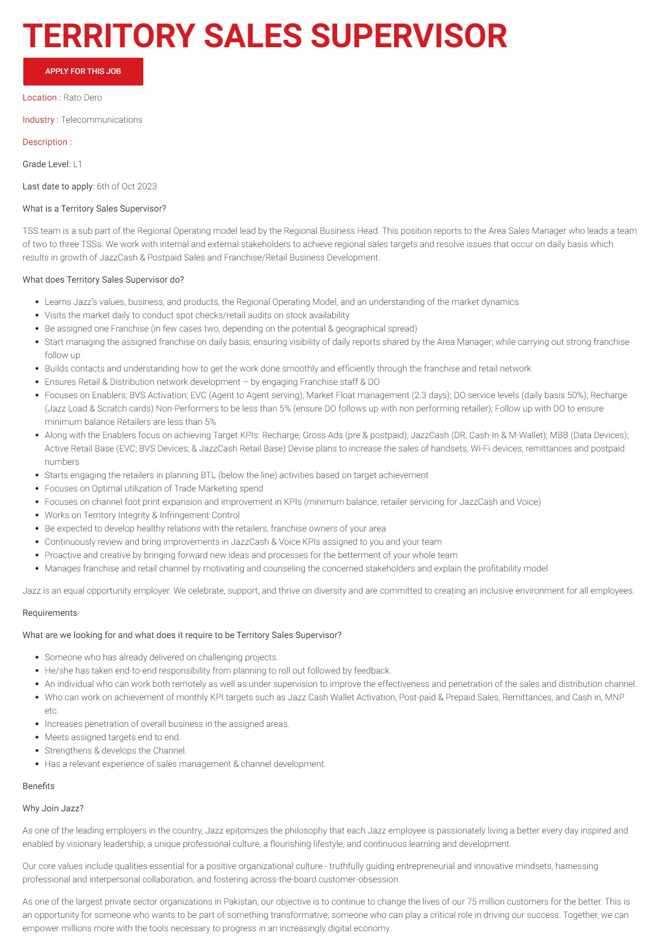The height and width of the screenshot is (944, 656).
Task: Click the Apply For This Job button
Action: (x=83, y=72)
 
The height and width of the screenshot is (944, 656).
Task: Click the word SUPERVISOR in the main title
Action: (x=408, y=36)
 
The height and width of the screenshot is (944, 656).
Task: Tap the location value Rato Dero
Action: (x=83, y=98)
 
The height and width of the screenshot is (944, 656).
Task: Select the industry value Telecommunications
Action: (x=102, y=120)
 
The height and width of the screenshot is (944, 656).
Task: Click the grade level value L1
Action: (x=78, y=164)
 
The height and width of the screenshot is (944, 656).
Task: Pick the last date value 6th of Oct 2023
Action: (x=127, y=187)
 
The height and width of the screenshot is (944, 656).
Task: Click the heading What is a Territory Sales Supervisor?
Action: (x=94, y=209)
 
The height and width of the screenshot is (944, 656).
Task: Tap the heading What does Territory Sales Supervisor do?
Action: (x=103, y=280)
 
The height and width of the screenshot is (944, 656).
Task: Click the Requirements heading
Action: (x=50, y=613)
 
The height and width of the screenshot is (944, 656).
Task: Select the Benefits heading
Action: (x=39, y=786)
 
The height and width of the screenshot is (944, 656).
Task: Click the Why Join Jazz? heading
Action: (x=53, y=809)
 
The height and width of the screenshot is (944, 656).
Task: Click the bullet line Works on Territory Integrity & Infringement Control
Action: (x=142, y=515)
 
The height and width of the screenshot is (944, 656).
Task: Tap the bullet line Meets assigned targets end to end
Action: (x=113, y=737)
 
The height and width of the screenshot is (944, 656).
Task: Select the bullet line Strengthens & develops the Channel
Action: (x=116, y=751)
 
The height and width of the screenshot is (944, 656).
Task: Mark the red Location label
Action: (x=39, y=98)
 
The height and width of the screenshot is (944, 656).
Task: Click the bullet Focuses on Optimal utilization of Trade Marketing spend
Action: (x=154, y=489)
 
